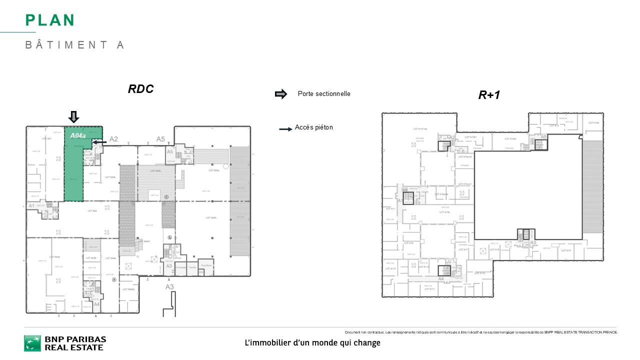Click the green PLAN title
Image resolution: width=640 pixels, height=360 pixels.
[50, 20]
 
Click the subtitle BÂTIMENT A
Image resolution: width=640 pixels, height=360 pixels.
[74, 45]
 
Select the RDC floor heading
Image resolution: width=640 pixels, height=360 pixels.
[140, 89]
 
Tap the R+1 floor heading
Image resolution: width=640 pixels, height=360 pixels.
[489, 95]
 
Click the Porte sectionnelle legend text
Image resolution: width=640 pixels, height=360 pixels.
[323, 94]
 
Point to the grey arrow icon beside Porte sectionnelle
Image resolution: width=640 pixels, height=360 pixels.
[281, 94]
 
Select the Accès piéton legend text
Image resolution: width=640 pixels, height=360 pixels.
[313, 127]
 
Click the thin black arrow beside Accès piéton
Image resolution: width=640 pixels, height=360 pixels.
[285, 129]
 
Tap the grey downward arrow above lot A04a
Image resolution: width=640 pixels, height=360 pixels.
[73, 117]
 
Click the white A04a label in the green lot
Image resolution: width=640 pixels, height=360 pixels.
[77, 135]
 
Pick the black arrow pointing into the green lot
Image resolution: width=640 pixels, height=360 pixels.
[99, 142]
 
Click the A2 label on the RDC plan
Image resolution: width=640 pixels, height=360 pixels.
[113, 139]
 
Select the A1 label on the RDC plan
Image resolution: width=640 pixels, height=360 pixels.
[31, 205]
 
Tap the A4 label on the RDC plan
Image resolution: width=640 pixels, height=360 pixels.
[96, 304]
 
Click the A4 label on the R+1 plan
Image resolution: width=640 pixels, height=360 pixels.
[441, 278]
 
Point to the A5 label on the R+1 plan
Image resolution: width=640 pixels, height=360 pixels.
[543, 137]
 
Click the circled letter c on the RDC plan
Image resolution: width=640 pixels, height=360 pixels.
[165, 197]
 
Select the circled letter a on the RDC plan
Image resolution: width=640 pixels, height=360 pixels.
[114, 279]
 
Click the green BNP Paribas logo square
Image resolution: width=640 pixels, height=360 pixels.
[32, 343]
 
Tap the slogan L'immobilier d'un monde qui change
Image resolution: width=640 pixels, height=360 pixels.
[312, 343]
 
